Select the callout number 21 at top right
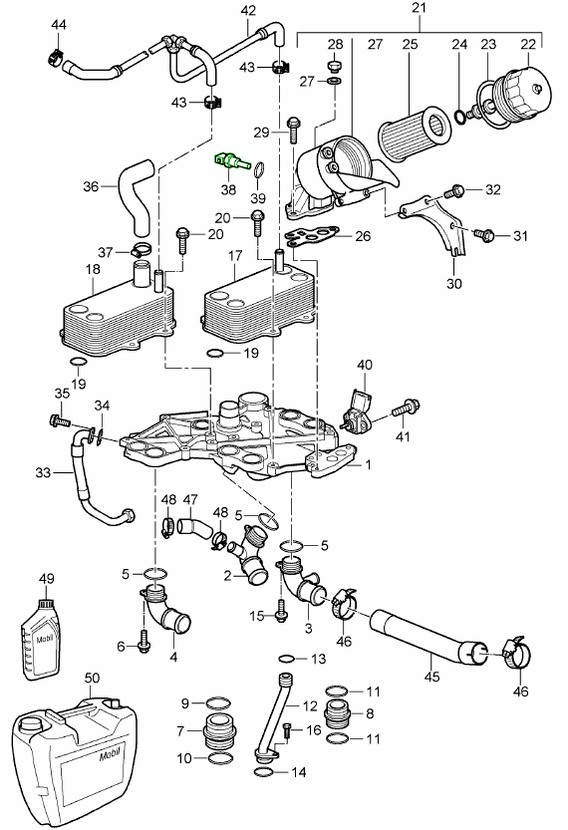click(420, 11)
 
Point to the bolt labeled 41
click(407, 408)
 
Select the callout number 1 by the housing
click(368, 465)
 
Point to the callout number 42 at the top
click(249, 11)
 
